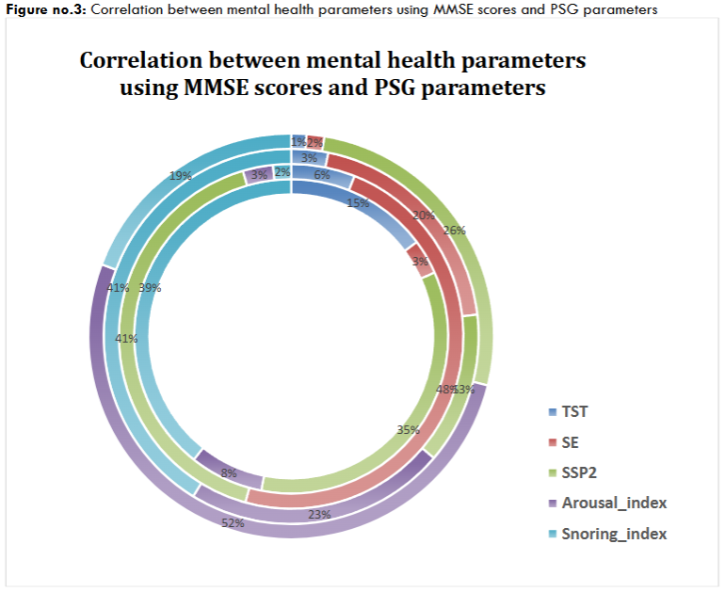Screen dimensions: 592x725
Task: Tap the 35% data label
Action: [408, 430]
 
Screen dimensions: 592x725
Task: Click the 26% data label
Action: [455, 230]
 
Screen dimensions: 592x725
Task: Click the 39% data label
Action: [150, 288]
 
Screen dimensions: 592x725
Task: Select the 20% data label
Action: [423, 216]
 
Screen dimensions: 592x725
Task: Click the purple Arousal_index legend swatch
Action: [552, 503]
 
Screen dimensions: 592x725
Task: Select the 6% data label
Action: [322, 174]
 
